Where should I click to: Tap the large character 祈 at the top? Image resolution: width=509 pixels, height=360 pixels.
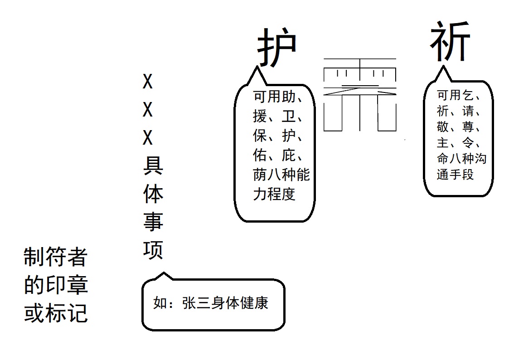[450, 43]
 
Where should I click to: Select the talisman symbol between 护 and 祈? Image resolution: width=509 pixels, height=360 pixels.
[360, 94]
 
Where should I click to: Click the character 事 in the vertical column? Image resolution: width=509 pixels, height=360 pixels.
[153, 221]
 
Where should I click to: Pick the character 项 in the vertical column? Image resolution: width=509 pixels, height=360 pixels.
[153, 249]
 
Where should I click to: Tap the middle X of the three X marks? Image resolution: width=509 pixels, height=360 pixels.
[148, 110]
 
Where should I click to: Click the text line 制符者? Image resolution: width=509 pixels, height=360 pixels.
[55, 257]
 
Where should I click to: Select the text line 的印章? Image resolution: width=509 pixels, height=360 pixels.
[55, 285]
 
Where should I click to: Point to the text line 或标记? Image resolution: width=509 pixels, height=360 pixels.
[55, 313]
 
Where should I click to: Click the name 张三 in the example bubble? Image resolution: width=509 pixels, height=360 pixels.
[196, 303]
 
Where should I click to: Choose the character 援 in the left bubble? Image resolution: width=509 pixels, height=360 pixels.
[260, 117]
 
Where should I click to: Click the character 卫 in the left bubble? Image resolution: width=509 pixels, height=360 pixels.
[289, 117]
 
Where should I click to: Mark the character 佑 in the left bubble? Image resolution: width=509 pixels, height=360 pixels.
[260, 156]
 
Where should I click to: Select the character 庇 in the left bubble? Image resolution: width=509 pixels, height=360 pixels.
[289, 156]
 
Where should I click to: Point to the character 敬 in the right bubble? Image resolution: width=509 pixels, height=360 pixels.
[443, 127]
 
